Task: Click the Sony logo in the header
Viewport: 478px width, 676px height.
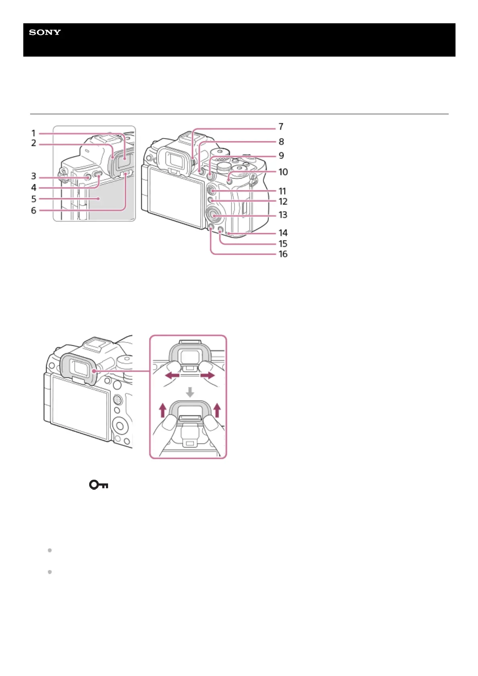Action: [45, 33]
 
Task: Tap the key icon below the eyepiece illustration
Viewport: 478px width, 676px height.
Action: [98, 485]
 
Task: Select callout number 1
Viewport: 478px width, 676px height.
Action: [34, 133]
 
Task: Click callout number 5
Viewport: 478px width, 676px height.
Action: [34, 199]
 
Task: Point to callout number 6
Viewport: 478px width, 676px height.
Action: [34, 210]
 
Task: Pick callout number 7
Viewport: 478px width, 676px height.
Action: [281, 127]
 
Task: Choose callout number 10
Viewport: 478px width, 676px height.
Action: [283, 172]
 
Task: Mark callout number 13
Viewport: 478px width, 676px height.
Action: [283, 215]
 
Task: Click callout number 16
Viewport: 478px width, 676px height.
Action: [283, 254]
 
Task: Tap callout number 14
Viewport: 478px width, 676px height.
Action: [283, 233]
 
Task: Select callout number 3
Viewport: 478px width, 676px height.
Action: [34, 176]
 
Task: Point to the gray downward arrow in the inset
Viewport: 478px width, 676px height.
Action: [190, 392]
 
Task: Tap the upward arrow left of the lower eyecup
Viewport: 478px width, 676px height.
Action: [162, 410]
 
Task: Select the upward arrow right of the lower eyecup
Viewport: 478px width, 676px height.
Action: [217, 410]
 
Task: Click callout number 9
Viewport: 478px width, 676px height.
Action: [281, 156]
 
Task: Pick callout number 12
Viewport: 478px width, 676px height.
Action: [283, 202]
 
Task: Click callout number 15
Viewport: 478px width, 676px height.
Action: [283, 244]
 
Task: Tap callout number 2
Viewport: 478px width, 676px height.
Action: [34, 143]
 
